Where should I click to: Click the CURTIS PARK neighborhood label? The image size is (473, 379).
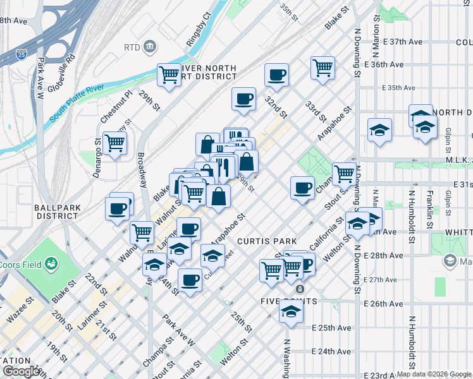262,241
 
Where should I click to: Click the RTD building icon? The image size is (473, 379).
150,46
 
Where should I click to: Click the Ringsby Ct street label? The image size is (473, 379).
197,29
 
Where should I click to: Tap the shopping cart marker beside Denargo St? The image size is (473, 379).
114,144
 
